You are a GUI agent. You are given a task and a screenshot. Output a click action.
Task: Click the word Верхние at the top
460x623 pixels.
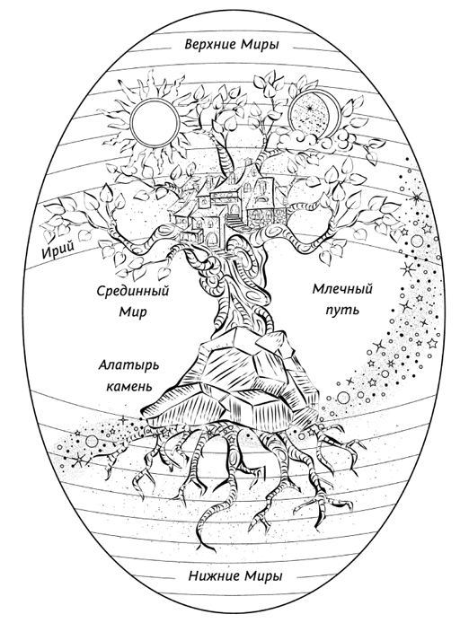pos(208,44)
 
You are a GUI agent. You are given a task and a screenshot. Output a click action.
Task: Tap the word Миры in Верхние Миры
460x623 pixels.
pos(259,44)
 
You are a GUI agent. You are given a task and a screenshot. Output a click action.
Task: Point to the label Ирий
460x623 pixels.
pos(57,250)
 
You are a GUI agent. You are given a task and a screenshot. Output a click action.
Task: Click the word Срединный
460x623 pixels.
pos(133,292)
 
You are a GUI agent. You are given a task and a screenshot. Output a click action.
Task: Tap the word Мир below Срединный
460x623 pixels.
pos(133,311)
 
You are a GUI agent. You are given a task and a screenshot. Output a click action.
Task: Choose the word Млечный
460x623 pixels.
pos(342,289)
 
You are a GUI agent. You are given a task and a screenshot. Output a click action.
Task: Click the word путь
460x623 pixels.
pos(342,310)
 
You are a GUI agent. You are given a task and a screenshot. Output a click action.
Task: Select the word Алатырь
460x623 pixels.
pos(128,365)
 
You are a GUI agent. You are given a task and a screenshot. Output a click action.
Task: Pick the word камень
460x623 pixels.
pos(128,386)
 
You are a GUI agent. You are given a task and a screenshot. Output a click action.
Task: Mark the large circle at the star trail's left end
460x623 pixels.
pos(93,440)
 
